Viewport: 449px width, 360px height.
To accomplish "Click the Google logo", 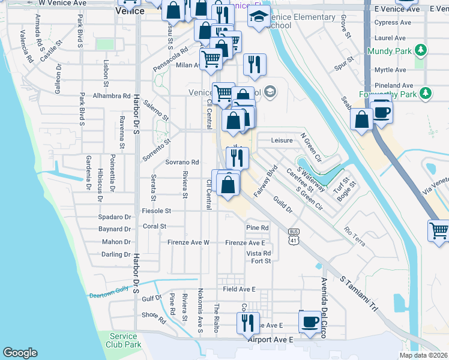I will [x=20, y=353].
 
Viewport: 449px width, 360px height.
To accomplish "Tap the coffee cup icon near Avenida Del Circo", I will [x=310, y=321].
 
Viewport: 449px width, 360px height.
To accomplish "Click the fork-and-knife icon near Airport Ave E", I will [x=248, y=323].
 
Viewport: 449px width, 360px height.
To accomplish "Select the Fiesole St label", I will [x=157, y=211].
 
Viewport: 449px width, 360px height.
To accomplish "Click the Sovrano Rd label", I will [x=182, y=163].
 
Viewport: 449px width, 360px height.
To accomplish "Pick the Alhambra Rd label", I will [x=112, y=95].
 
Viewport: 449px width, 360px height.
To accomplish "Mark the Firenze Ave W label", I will [x=188, y=242].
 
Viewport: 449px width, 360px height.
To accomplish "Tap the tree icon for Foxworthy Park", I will [x=426, y=93].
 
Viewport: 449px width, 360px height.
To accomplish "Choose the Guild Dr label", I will [x=282, y=205].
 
